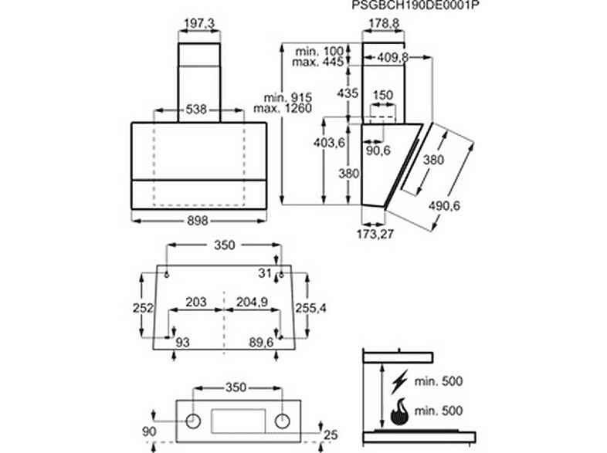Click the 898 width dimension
198,221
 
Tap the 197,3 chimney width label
199,24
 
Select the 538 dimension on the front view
196,110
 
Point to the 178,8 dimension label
383,24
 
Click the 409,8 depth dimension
393,58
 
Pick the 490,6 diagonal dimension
444,205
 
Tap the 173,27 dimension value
375,234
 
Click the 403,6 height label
329,143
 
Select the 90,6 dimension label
378,150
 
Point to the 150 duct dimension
383,95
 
